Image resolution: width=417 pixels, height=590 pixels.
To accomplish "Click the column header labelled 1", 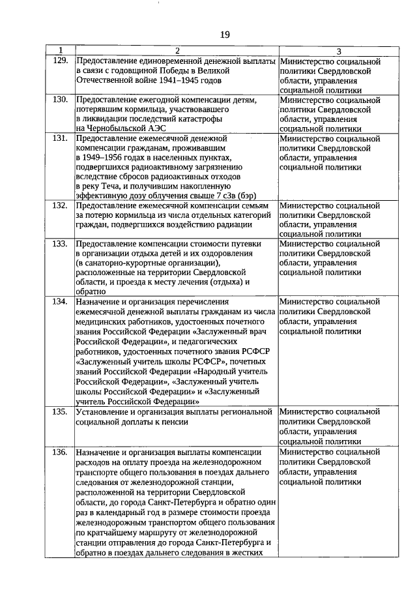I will (60, 51).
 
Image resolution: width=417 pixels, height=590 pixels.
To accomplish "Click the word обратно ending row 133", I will (90, 291).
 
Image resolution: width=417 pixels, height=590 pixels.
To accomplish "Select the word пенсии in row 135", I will (175, 422).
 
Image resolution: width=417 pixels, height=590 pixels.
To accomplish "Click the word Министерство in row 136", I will (306, 451).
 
